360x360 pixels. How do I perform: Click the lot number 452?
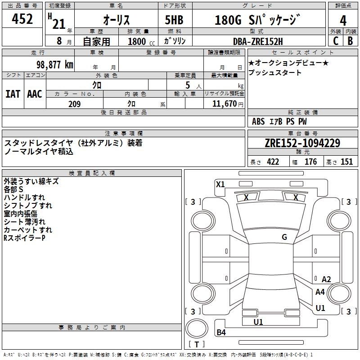(x=22, y=19)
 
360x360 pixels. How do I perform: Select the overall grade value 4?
(x=343, y=20)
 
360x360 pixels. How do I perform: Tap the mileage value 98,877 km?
(x=54, y=64)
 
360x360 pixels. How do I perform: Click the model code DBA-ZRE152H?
(x=258, y=41)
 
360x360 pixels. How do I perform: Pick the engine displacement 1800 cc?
(x=138, y=41)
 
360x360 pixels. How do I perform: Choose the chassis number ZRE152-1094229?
(x=302, y=143)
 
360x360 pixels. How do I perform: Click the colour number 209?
(x=74, y=104)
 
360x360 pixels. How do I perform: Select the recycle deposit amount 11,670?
(x=224, y=104)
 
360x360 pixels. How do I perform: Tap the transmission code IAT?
(x=13, y=94)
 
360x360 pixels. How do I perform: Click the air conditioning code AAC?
(x=35, y=94)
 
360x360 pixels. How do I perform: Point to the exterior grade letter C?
(x=336, y=41)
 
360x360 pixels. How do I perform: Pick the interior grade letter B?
(x=350, y=41)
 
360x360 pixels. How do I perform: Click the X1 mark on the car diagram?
(x=220, y=184)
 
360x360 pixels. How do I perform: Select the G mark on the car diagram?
(x=284, y=237)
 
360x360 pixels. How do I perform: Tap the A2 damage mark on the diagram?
(x=326, y=279)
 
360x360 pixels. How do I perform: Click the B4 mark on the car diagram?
(x=221, y=333)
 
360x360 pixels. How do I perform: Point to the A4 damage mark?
(x=320, y=292)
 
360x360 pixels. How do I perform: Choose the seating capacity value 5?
(x=187, y=85)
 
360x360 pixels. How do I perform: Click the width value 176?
(x=310, y=162)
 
